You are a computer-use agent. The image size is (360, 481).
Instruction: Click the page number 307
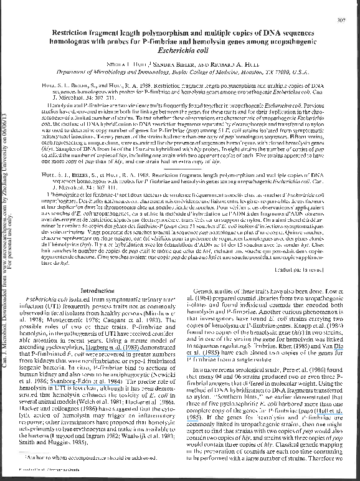click(341, 21)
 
